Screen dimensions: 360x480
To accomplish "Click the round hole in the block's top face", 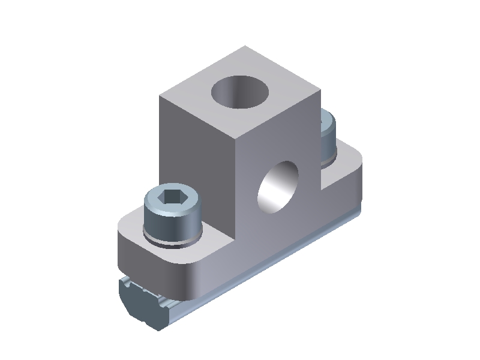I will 241,91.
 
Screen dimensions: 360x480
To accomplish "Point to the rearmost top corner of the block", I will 245,46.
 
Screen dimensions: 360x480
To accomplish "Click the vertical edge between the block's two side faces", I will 235,192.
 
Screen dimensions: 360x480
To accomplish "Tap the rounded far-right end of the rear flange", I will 360,174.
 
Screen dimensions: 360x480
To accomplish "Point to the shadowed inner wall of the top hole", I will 227,93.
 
